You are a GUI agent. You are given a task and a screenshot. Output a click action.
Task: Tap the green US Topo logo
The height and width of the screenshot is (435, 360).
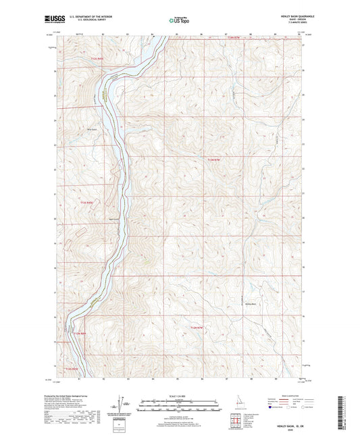coord(179,21)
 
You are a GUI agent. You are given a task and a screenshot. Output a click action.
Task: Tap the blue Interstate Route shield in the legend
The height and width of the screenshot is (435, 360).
coord(272,408)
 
